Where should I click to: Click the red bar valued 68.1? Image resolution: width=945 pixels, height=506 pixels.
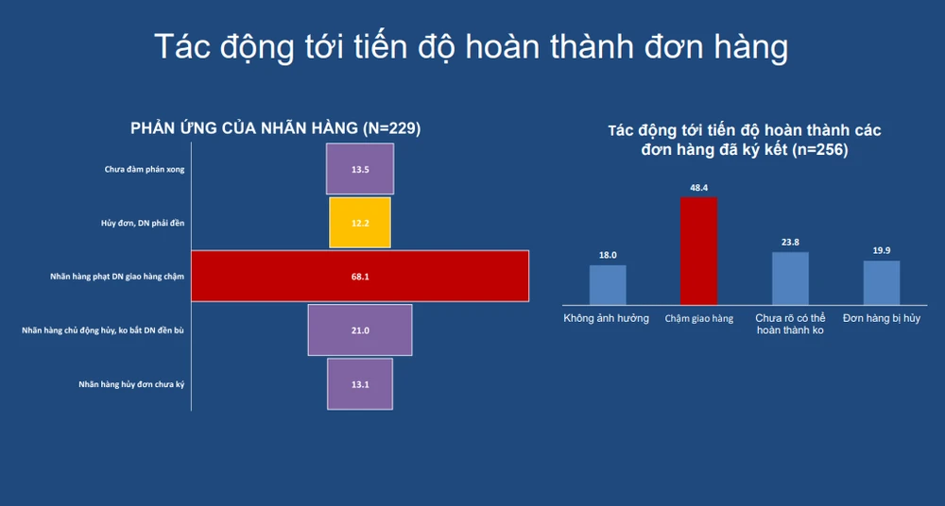(360, 276)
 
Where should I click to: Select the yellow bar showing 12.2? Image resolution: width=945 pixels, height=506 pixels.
(360, 222)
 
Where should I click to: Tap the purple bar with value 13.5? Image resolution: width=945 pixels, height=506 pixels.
(360, 169)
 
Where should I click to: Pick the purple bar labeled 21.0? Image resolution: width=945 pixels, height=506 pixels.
(360, 329)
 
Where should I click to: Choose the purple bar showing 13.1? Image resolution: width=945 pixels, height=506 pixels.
(360, 383)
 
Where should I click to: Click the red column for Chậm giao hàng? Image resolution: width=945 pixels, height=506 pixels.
(698, 250)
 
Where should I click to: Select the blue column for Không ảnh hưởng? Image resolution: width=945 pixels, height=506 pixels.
(608, 285)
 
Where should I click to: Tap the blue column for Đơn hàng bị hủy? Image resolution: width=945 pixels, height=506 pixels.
(882, 282)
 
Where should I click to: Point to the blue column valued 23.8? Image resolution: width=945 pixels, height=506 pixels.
(790, 278)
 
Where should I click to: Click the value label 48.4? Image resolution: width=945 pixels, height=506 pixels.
(699, 187)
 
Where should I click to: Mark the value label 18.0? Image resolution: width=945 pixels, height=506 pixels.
(608, 256)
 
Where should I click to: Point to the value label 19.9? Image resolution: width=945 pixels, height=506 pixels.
(882, 250)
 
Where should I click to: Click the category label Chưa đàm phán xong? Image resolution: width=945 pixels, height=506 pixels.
(145, 169)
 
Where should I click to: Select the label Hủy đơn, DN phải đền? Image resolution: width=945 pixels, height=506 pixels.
(143, 223)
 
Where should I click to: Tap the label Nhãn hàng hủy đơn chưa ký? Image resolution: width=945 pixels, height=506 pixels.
(131, 384)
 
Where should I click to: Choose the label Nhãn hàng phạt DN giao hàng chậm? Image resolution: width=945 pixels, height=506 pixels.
(117, 277)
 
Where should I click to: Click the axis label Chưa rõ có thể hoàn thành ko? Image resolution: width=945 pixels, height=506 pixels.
(790, 324)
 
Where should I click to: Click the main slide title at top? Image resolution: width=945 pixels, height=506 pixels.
(472, 46)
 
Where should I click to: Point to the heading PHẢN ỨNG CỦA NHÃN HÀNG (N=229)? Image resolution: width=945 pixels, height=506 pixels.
(275, 128)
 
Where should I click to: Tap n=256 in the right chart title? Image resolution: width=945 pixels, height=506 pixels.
(820, 149)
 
